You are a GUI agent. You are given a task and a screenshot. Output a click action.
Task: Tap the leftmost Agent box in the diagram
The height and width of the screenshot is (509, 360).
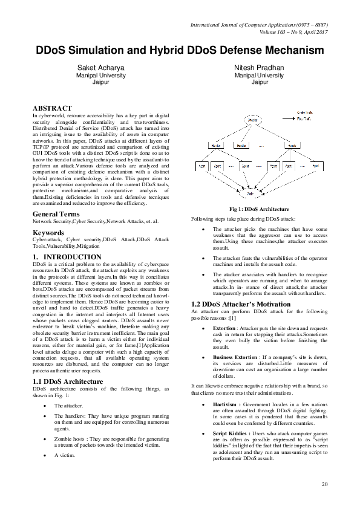[x=200, y=164]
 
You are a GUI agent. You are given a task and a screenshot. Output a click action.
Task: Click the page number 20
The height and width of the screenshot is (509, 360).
[x=325, y=484]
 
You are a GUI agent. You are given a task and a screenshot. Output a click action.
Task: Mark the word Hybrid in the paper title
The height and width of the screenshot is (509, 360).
[x=159, y=50]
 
